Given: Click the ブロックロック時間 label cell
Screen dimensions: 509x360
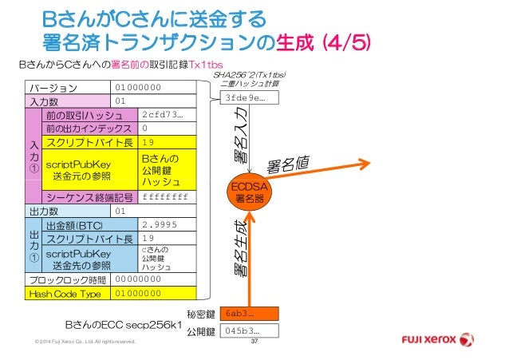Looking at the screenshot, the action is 69,280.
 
